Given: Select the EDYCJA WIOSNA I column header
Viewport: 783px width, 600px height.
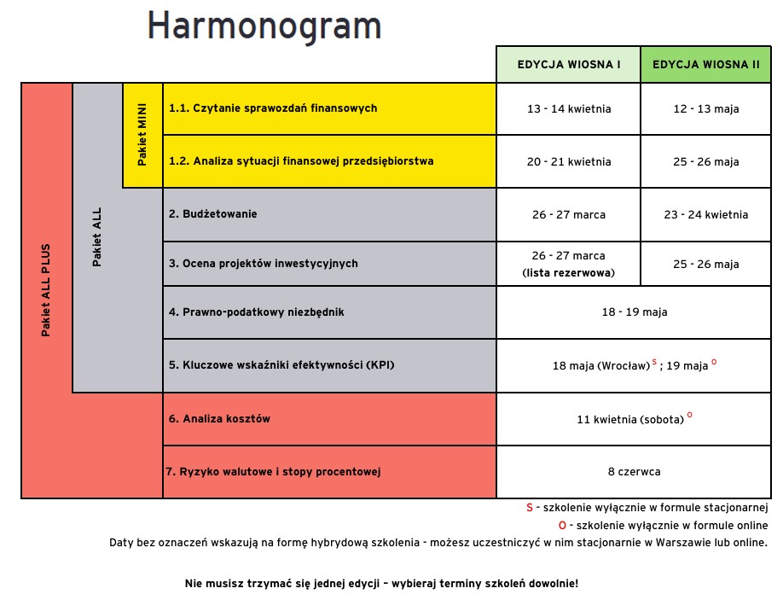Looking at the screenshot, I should click(569, 65).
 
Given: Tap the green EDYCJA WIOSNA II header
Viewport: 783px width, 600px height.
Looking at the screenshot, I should click(705, 65).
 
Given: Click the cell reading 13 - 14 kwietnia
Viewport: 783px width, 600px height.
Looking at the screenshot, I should click(569, 109).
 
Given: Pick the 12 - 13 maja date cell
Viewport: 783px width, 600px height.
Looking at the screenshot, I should click(705, 109).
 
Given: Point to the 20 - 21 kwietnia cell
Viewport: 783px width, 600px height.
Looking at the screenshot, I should click(569, 162).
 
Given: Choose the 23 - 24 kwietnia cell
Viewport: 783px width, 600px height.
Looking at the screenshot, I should click(705, 214).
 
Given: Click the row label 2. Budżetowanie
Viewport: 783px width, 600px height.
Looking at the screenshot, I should click(212, 214).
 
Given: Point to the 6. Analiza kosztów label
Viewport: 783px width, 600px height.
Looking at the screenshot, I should click(219, 419).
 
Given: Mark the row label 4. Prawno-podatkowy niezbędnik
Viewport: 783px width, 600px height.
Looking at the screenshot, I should click(256, 312).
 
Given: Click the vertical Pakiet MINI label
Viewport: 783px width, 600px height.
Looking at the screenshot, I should click(142, 135).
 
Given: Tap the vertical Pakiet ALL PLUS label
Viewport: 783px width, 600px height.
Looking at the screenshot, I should click(46, 290).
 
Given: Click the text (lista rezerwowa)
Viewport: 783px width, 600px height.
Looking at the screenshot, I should click(569, 273).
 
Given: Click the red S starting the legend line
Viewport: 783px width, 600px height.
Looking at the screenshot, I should click(530, 507).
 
